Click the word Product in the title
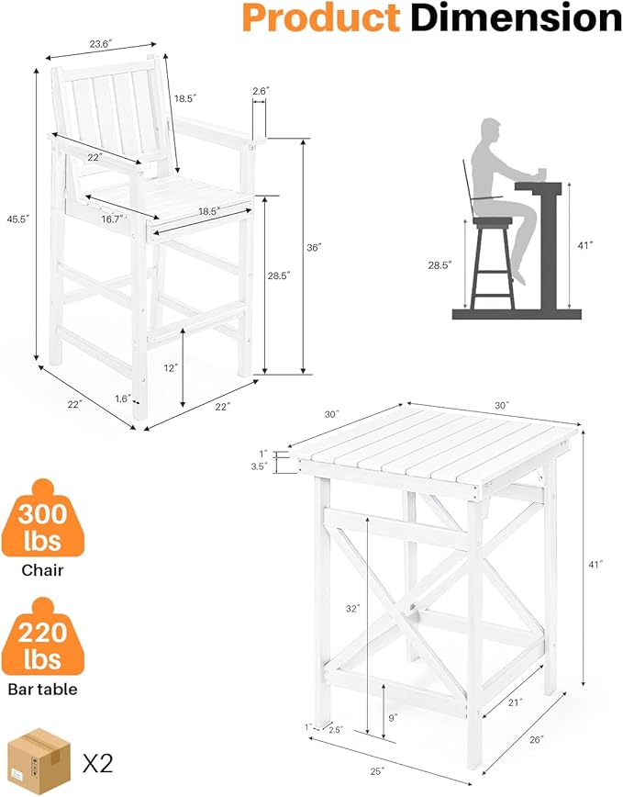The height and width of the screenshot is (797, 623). coord(321,17)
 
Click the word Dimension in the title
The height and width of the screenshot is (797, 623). coord(517,17)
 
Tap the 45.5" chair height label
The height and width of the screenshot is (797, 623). coord(18,219)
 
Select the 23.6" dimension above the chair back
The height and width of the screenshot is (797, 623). coord(100,44)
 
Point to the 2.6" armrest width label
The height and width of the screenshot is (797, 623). coord(261,91)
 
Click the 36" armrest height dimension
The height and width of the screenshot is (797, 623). coord(315,248)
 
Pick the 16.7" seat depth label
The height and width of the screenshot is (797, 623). coord(113,219)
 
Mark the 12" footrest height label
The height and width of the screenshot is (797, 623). coord(171,367)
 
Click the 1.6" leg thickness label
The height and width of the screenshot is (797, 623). coord(123,399)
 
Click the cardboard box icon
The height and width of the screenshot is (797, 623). coord(39,761)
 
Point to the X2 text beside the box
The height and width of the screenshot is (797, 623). coord(97,763)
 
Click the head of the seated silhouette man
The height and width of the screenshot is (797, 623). coord(491,132)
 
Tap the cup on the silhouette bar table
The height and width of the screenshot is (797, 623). coord(541,174)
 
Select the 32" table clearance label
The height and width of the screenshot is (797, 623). coord(352,608)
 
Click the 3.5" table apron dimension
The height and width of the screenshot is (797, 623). coord(260,466)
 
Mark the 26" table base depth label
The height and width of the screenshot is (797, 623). coord(537,739)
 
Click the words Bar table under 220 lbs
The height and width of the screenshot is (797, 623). coord(42,690)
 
